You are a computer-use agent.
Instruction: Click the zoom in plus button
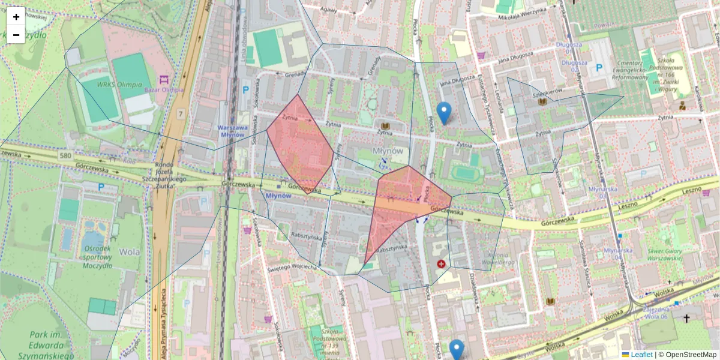(x=16, y=17)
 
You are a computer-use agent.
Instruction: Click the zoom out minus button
(x=16, y=35)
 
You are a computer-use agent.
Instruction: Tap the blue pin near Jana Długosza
(x=443, y=112)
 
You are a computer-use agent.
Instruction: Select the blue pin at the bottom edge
(x=457, y=350)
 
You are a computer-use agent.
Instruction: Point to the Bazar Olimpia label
(x=163, y=89)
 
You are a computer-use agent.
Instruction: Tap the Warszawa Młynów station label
(x=233, y=131)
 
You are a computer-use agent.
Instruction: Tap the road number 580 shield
(x=65, y=156)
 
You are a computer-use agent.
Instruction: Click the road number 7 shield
(x=180, y=113)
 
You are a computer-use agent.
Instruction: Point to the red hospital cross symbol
(x=442, y=264)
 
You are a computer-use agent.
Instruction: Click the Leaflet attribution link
(x=641, y=355)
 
